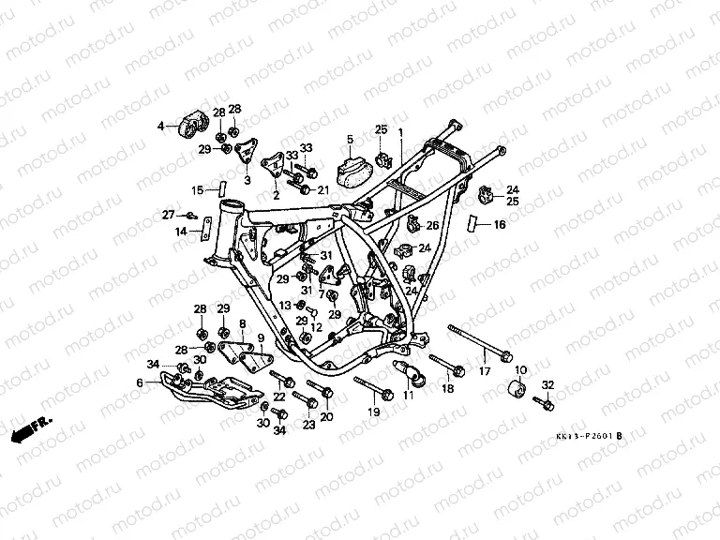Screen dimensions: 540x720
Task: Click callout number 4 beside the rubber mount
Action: click(x=160, y=126)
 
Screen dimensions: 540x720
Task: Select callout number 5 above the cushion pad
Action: click(x=349, y=140)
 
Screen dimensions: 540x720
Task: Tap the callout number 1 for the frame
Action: click(x=400, y=132)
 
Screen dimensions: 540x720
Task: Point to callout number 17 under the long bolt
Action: click(x=485, y=373)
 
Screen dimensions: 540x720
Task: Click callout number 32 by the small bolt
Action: click(x=548, y=385)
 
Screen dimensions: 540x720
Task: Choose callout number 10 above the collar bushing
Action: click(x=520, y=370)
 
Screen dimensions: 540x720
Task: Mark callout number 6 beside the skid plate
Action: click(x=140, y=382)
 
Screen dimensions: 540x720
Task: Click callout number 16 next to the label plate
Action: click(x=499, y=225)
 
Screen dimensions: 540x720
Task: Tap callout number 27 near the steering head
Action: click(x=169, y=215)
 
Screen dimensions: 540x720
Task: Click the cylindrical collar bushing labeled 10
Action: click(x=515, y=390)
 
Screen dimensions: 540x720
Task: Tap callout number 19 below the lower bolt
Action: click(x=373, y=412)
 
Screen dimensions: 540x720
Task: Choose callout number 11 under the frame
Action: click(x=408, y=397)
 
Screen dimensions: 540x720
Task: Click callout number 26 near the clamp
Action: click(x=432, y=226)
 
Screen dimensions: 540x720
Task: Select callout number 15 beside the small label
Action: click(x=198, y=190)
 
